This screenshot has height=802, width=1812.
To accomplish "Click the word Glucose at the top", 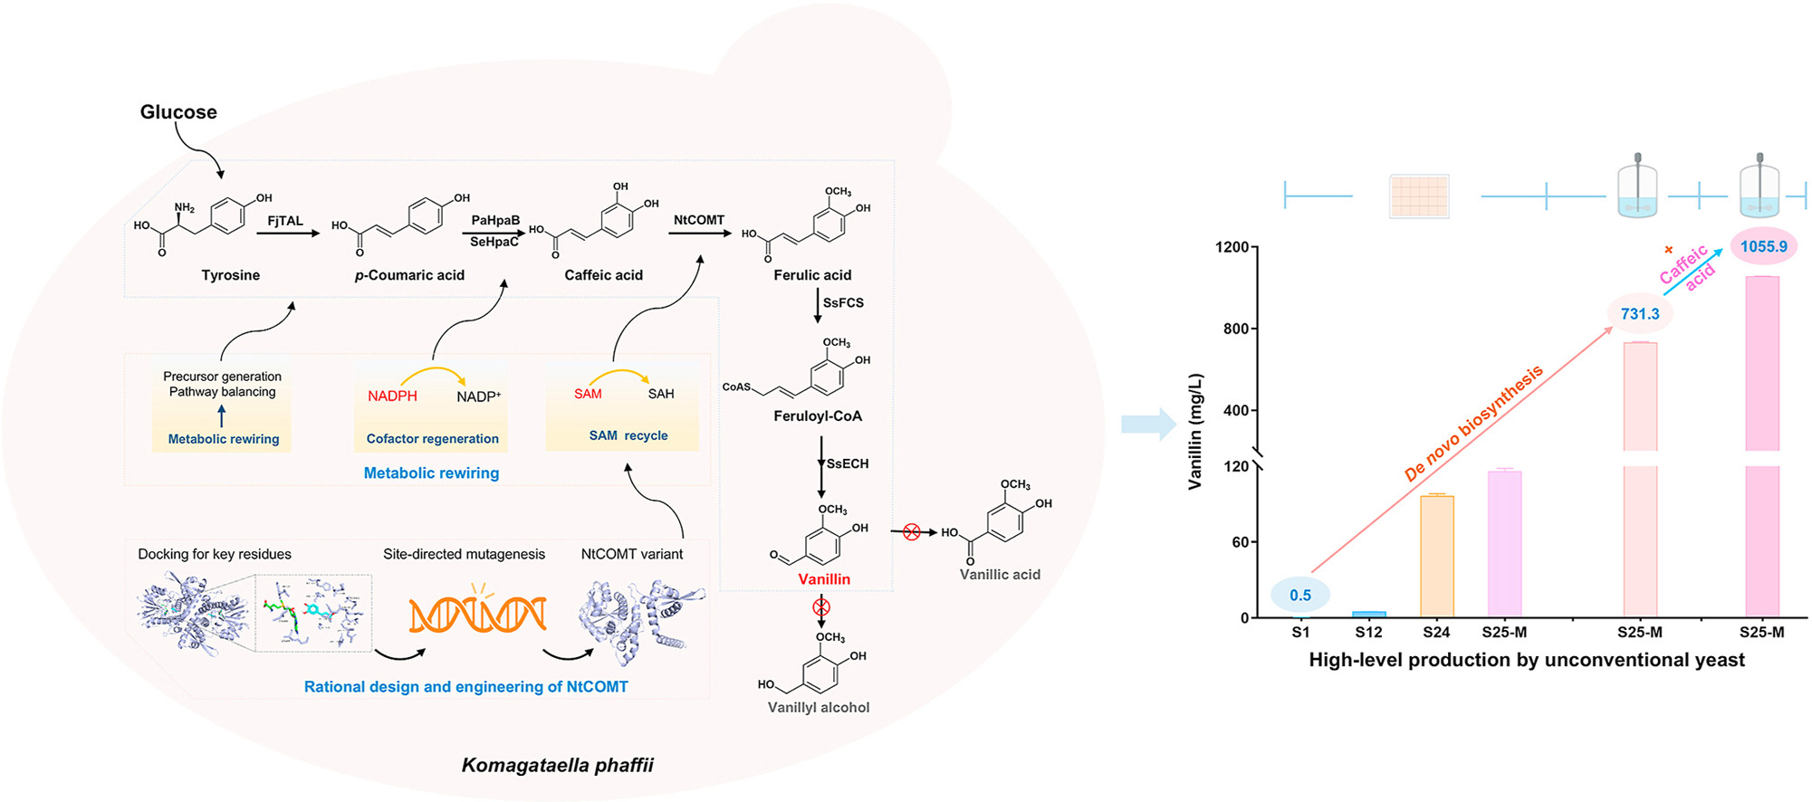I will click(178, 112).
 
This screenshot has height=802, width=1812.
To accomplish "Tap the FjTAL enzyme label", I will click(285, 221).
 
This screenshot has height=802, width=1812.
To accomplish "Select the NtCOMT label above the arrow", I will click(699, 220).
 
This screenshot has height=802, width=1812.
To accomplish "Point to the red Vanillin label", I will click(824, 579).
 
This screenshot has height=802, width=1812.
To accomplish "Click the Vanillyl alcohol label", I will click(819, 708).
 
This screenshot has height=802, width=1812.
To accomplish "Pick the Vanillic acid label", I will click(1000, 575).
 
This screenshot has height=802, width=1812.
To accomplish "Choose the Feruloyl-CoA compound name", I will click(818, 416).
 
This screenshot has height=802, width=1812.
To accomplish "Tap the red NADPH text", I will click(392, 396).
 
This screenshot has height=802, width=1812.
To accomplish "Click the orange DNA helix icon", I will click(477, 614).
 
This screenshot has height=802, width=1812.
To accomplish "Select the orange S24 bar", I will click(1437, 556).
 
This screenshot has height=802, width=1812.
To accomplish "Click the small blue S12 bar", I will click(1368, 614).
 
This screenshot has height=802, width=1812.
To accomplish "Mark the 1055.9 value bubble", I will click(1763, 246).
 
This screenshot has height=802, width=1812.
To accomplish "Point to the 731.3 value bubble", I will click(1640, 314).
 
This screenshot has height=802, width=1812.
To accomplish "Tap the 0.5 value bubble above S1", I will click(1300, 596).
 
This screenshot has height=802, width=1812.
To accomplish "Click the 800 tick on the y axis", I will click(1235, 329).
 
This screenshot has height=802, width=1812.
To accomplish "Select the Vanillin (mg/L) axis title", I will click(1196, 432).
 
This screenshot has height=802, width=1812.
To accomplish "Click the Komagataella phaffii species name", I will click(558, 766).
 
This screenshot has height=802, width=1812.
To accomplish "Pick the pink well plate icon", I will click(1419, 196).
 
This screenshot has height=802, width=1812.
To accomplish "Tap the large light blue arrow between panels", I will click(1147, 424).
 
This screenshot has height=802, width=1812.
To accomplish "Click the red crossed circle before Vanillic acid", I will click(912, 532).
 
